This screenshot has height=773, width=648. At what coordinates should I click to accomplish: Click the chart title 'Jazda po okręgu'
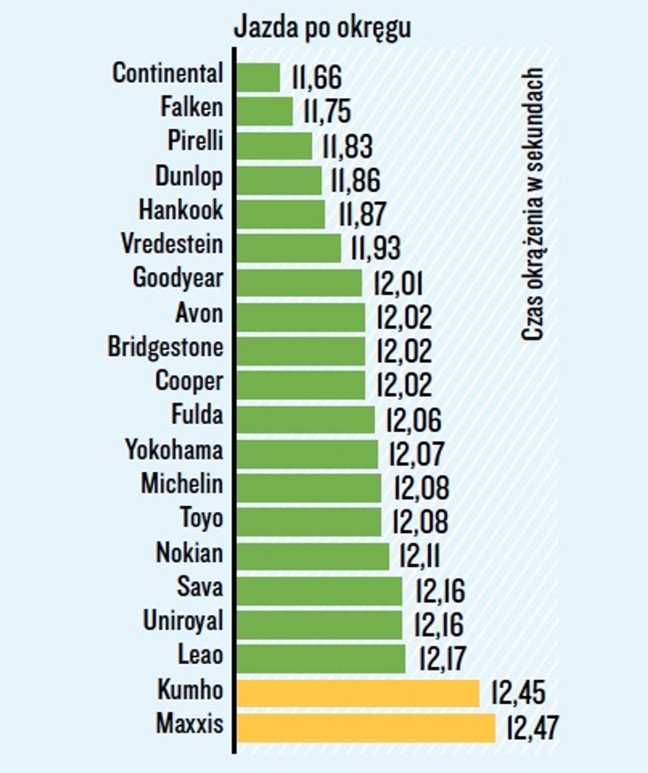tap(322, 28)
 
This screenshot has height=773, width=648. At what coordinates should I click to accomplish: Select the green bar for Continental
tap(258, 77)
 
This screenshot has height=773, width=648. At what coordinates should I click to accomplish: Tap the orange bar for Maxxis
tap(366, 728)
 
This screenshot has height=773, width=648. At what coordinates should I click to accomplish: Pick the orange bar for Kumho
tap(358, 693)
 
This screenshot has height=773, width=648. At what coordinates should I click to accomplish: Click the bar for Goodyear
tap(299, 283)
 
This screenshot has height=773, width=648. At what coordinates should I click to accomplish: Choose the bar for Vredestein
tap(289, 248)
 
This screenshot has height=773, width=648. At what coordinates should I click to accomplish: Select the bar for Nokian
tap(313, 557)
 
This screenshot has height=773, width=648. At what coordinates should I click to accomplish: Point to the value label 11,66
tap(317, 77)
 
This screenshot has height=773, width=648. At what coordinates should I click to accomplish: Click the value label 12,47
tap(532, 728)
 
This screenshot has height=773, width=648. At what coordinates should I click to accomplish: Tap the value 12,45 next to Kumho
tap(518, 693)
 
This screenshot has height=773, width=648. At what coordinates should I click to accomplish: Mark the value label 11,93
tap(376, 248)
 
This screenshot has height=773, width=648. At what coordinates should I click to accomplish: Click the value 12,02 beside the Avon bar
tap(404, 317)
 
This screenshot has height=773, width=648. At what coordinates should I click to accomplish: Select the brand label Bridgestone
tap(165, 347)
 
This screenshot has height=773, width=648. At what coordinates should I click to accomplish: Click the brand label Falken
tap(192, 107)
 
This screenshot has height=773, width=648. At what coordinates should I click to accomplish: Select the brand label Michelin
tap(182, 484)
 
